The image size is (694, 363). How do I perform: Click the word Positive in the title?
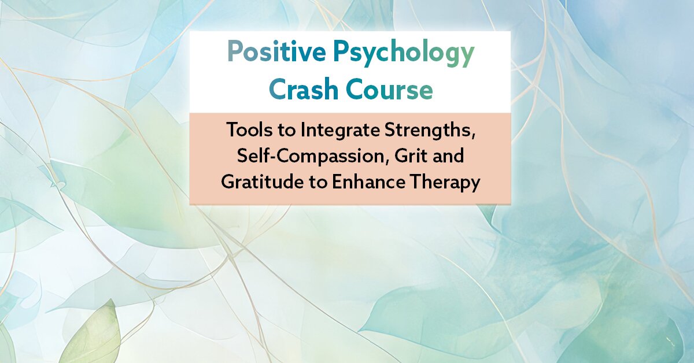click(x=276, y=51)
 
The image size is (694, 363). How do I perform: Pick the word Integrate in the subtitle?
click(x=340, y=131)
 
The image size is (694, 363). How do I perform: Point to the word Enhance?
click(x=368, y=181)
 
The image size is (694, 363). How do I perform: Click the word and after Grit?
click(x=445, y=155)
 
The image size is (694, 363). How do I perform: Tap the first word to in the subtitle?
click(x=287, y=131)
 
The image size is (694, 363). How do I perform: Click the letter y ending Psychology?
click(x=466, y=57)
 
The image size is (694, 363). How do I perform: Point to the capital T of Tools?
click(x=232, y=130)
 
